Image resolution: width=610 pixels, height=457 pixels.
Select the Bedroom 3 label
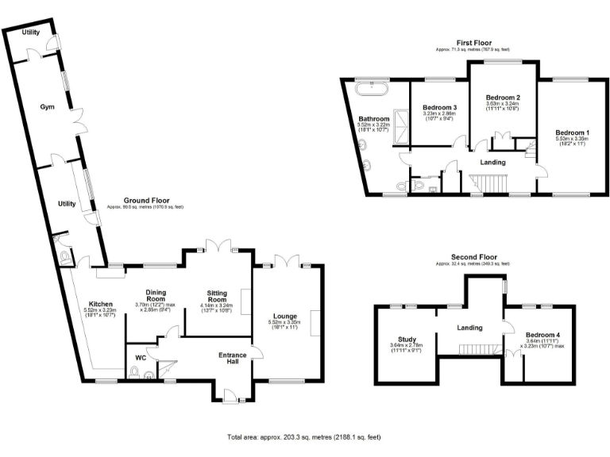click(439, 108)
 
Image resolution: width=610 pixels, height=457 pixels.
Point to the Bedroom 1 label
click(572, 132)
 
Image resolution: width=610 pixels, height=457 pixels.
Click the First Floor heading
click(474, 42)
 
